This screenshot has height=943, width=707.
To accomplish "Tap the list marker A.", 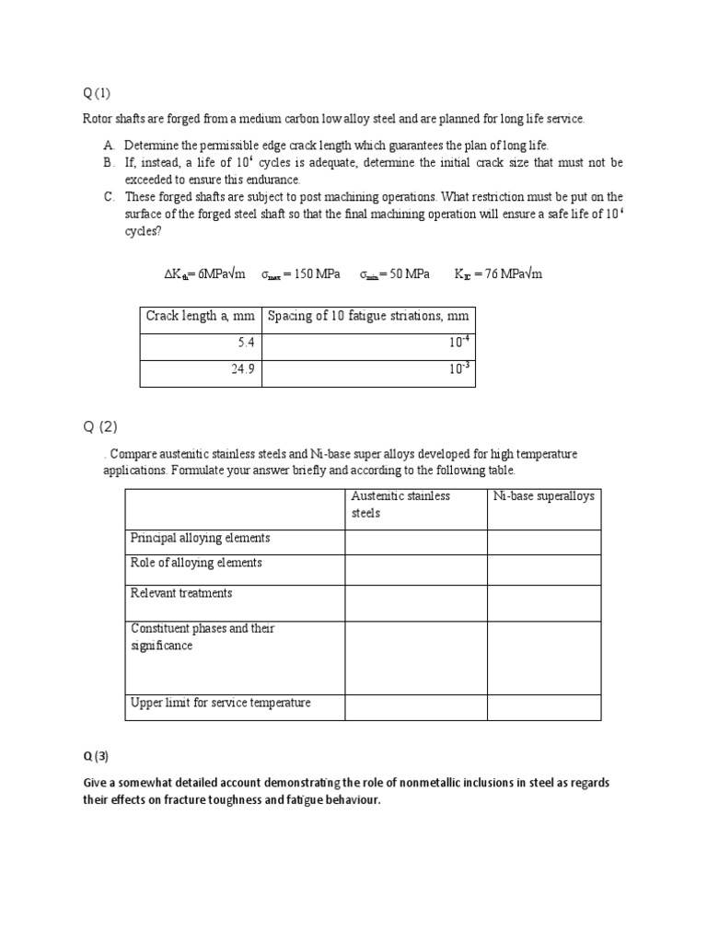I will tap(109, 146).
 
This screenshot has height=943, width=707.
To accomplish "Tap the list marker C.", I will tap(109, 196).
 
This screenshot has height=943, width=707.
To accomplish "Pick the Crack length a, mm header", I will tap(200, 317).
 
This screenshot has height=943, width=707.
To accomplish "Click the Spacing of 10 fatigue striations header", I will tap(367, 317).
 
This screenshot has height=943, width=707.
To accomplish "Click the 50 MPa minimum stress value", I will tap(399, 274).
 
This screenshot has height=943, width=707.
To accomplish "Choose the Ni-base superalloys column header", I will tap(543, 496).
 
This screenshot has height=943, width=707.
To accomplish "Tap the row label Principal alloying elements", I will tap(200, 538).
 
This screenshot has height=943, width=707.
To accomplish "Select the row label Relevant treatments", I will tap(181, 593).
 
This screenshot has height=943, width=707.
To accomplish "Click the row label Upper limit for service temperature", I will tap(221, 703).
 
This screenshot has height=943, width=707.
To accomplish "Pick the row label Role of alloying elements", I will tap(196, 563).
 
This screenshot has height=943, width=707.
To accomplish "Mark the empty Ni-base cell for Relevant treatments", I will tap(543, 602).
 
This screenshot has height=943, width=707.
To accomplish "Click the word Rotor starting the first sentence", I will tap(99, 120).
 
